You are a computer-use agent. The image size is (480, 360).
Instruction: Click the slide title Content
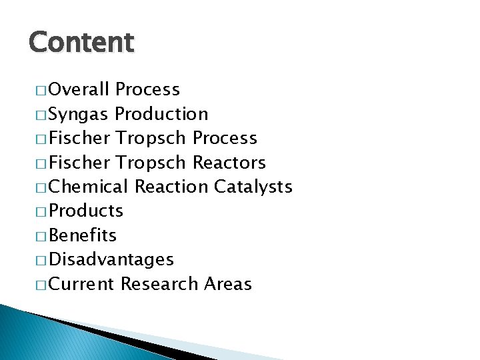pos(81,42)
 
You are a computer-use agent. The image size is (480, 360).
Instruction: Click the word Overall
pos(79,89)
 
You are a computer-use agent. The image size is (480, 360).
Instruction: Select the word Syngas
pos(79,115)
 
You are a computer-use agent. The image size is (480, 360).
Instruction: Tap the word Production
pos(161,114)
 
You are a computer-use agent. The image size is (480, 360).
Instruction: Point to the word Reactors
pos(229,162)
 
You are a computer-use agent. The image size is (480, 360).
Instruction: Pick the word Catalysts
pos(253,186)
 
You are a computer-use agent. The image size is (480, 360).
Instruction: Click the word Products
pos(86,211)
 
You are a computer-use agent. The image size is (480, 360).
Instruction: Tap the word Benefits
pos(83,235)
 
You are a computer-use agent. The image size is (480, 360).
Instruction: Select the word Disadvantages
pos(111,259)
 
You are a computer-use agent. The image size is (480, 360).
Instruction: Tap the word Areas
pos(228,284)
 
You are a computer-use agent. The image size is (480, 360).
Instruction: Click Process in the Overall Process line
pos(147,89)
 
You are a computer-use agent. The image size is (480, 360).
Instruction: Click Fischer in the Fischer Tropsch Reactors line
pos(79,162)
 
